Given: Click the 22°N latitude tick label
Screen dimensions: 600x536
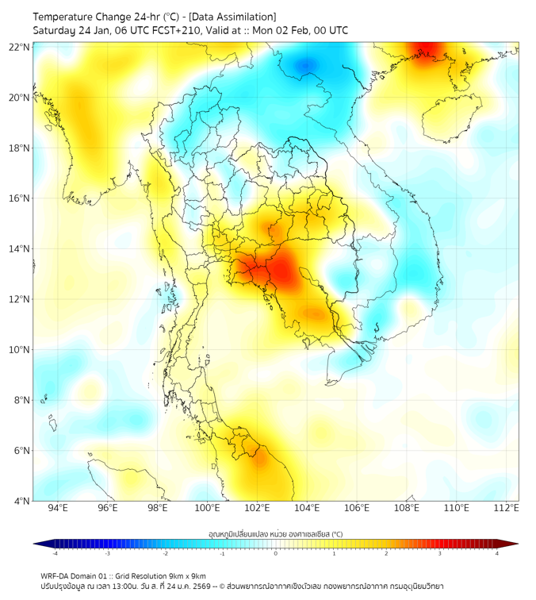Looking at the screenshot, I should click(x=20, y=47).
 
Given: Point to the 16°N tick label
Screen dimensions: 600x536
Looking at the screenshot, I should click(x=20, y=198).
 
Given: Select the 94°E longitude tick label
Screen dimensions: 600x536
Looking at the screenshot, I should click(x=58, y=509).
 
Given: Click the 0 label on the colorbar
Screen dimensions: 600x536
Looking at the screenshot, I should click(x=276, y=553).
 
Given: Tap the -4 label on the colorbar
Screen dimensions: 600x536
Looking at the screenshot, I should click(x=55, y=553).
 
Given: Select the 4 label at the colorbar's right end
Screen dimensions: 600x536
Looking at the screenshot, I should click(x=497, y=553).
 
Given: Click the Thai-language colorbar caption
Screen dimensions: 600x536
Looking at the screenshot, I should click(x=275, y=533).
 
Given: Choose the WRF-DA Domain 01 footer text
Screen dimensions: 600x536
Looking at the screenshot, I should click(x=72, y=575).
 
